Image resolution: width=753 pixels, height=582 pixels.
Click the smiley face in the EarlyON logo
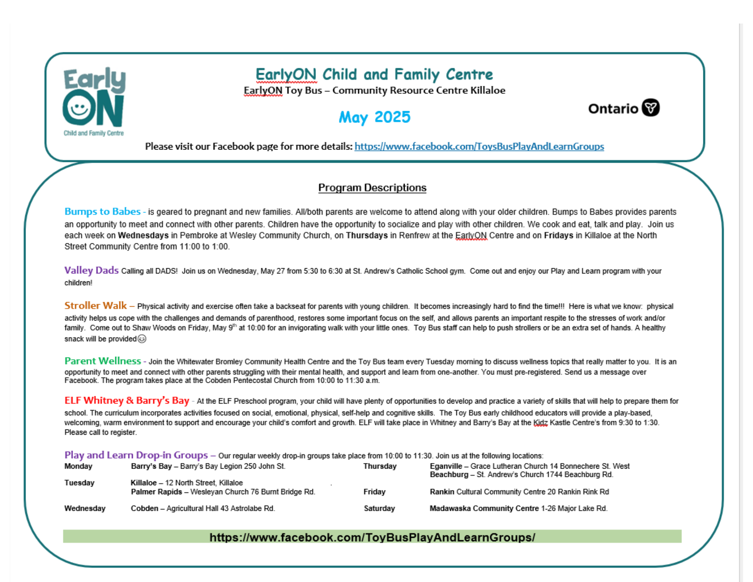click(x=79, y=108)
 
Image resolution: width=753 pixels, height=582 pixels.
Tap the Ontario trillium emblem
click(x=651, y=108)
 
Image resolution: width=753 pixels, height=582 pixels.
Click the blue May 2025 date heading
click(x=374, y=117)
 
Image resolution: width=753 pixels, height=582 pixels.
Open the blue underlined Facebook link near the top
click(x=479, y=147)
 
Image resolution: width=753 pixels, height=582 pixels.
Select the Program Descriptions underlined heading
click(x=372, y=188)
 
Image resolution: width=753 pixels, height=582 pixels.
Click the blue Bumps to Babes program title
click(x=102, y=212)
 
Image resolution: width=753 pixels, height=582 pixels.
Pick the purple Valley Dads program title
click(x=91, y=270)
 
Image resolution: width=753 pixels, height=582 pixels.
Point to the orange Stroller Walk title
click(x=96, y=306)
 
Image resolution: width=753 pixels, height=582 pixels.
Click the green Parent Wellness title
click(x=102, y=361)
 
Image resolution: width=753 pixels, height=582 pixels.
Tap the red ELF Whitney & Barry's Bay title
click(x=127, y=400)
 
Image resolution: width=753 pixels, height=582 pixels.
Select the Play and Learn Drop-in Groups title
click(x=136, y=455)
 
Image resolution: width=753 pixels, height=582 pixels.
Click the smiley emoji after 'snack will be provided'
click(x=142, y=339)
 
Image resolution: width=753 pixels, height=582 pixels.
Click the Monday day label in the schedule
click(x=78, y=466)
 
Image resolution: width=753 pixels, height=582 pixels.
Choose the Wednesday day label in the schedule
click(x=85, y=509)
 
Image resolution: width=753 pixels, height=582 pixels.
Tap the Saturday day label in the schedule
click(x=379, y=509)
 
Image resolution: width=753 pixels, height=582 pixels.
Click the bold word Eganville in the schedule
click(x=446, y=466)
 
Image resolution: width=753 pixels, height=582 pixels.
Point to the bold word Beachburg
click(x=449, y=475)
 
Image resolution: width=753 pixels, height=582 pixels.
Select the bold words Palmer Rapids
click(x=156, y=492)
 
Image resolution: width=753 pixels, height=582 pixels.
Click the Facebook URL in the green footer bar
click(x=372, y=537)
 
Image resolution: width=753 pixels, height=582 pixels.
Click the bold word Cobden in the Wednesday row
click(x=144, y=509)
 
